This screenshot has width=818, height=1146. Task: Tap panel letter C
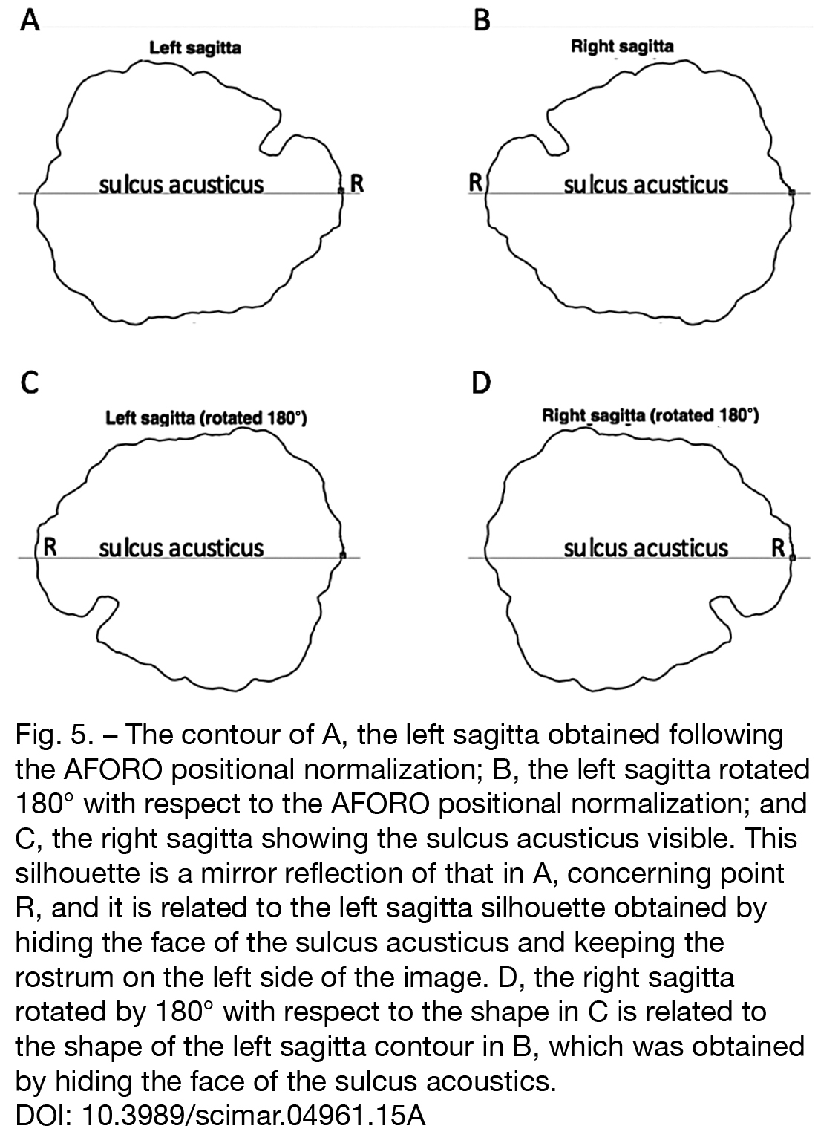30,382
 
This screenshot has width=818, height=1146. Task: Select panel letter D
481,382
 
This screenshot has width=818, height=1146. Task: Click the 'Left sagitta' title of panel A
194,48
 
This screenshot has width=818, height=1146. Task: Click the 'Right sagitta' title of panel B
622,47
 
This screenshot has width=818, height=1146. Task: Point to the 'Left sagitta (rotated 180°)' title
206,418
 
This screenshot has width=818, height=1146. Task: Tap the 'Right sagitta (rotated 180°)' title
650,416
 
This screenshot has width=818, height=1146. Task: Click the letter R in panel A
357,183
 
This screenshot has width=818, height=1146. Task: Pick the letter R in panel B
476,183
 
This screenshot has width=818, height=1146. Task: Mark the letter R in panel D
778,548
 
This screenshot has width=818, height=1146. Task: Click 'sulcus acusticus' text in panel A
181,185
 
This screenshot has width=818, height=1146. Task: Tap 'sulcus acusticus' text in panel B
646,185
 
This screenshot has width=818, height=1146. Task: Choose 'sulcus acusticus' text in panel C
181,548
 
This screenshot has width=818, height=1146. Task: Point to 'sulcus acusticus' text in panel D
646,548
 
